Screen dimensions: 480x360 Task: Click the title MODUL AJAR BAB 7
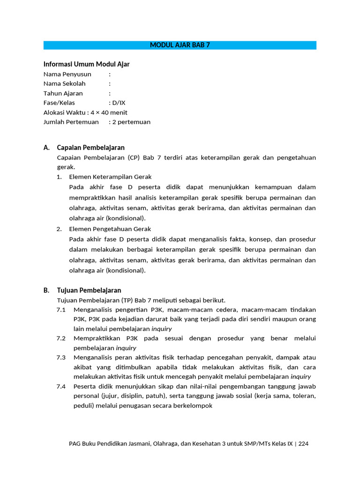[x=180, y=45]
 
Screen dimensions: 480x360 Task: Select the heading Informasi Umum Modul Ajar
[x=86, y=64]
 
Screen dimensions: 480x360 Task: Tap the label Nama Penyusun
[x=67, y=74]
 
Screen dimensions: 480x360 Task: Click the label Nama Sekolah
[x=65, y=84]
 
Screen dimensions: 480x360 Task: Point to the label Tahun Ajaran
[x=63, y=93]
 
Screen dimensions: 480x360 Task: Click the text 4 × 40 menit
[x=109, y=112]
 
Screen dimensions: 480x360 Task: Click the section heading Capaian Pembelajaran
[x=90, y=148]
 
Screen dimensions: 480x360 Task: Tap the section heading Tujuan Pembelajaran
[x=89, y=291]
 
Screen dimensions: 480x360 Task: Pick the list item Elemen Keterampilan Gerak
[x=110, y=177]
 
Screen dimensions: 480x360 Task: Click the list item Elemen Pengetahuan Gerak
[x=110, y=229]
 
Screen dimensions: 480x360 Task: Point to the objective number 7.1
[x=61, y=310]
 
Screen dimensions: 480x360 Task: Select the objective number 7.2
[x=61, y=338]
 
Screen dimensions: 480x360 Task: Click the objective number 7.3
[x=61, y=358]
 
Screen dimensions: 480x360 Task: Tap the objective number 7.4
[x=61, y=386]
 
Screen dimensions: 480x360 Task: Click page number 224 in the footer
[x=303, y=443]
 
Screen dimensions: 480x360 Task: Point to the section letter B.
[x=46, y=291]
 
